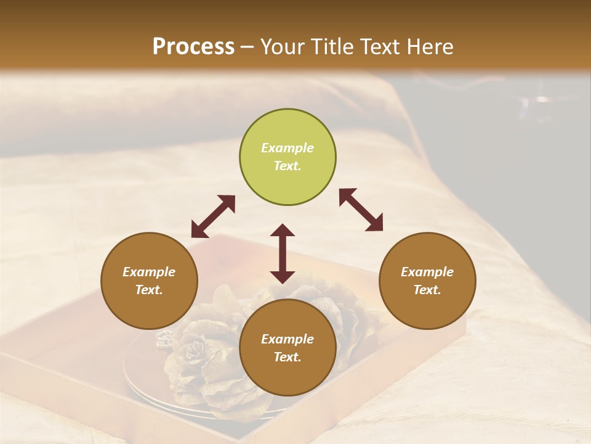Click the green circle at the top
coord(287,157)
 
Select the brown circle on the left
coord(149,281)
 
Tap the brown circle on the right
coord(427,281)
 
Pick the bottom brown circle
coord(287,348)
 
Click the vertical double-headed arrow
coord(283,253)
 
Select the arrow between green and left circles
coord(213,216)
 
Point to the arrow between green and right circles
coord(361,210)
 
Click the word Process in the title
coord(193,46)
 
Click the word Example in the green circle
coord(287,148)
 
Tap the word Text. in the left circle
coord(149,290)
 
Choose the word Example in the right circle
coord(427,272)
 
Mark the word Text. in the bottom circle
coord(287,357)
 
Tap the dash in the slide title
coord(247,46)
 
